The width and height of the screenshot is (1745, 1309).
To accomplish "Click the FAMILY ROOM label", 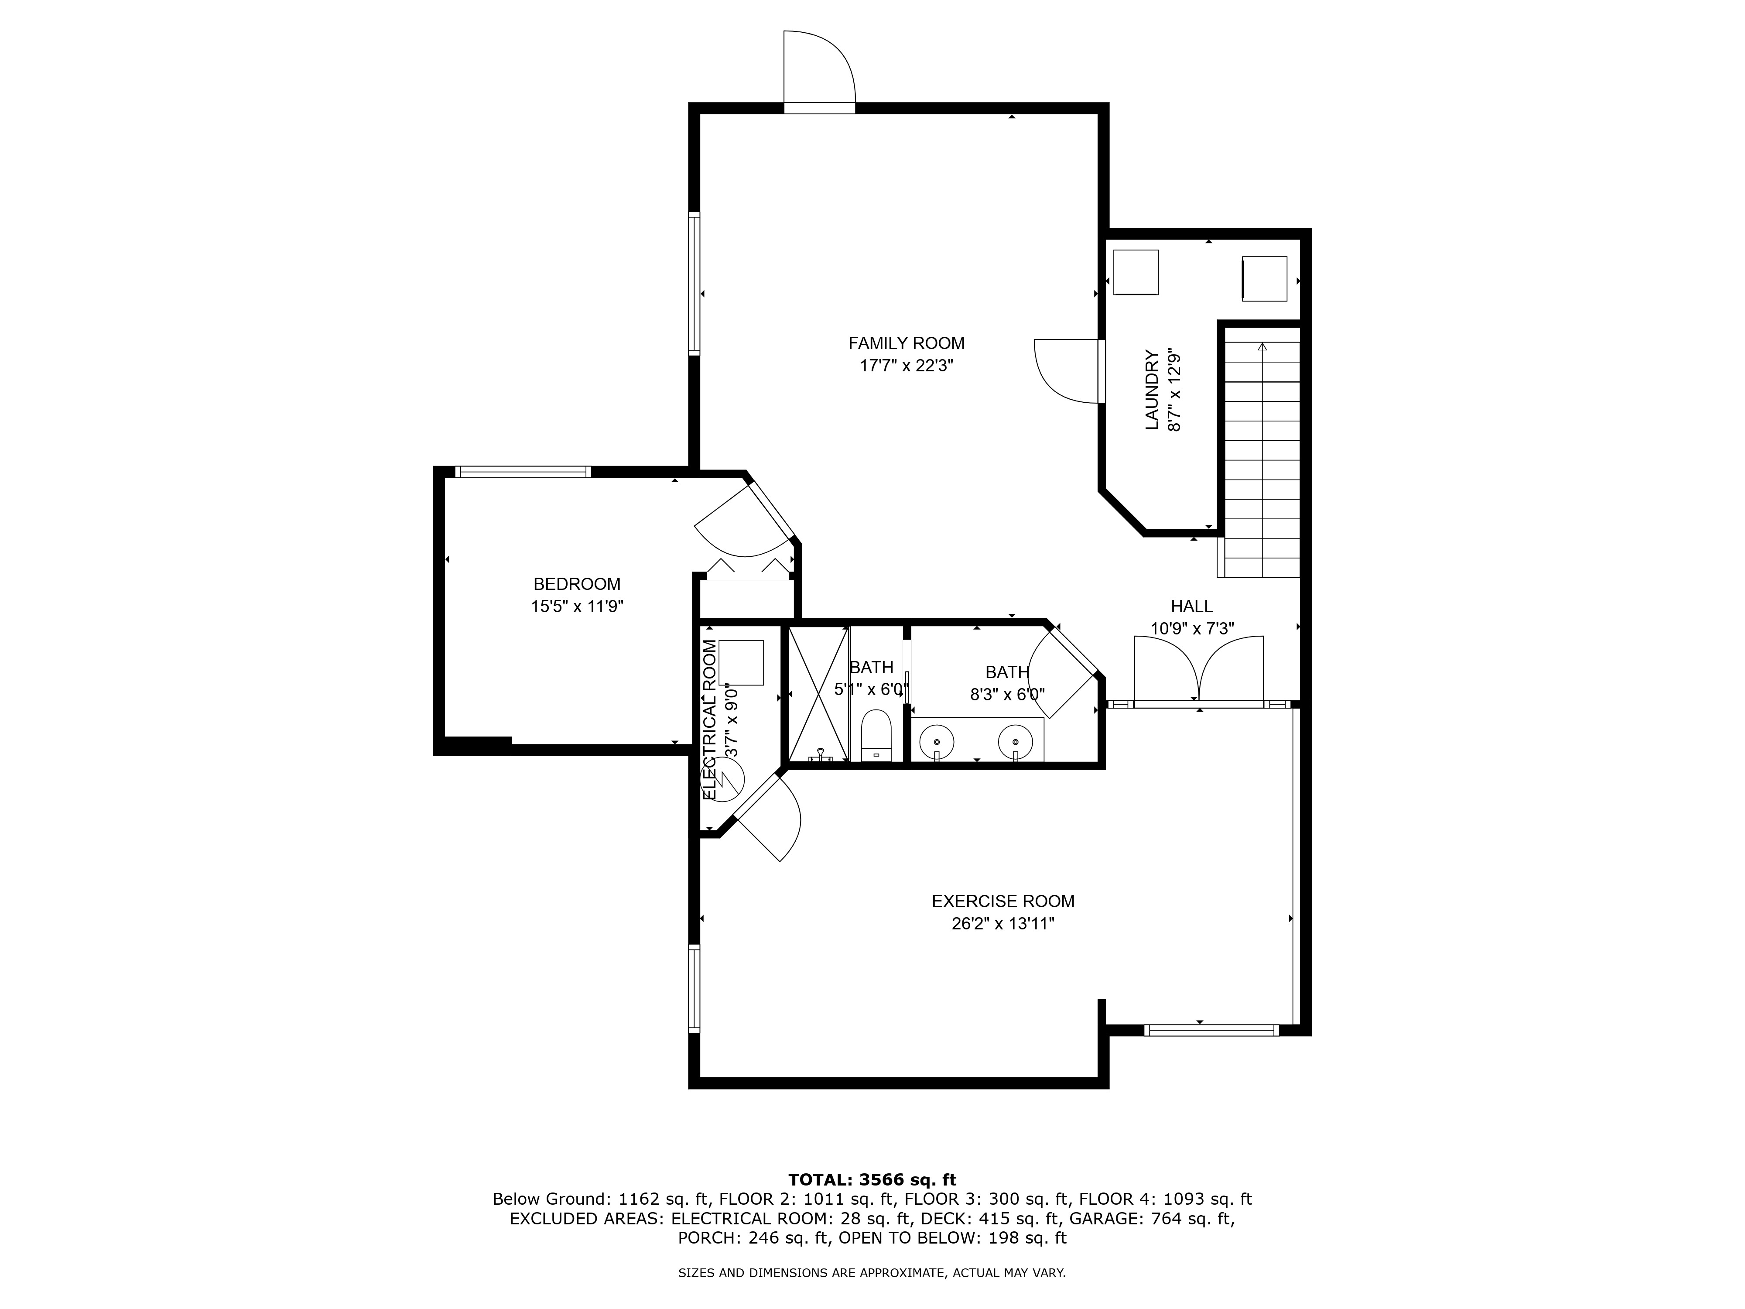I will click(x=907, y=343).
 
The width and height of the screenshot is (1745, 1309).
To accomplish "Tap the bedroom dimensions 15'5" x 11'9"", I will click(x=577, y=607).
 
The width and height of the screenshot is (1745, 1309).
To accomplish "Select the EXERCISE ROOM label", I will click(x=1003, y=901).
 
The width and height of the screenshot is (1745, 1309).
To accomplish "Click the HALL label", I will click(x=1191, y=606).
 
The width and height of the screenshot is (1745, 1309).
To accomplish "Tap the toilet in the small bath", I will click(x=876, y=734).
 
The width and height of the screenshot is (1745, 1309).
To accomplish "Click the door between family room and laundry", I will click(x=1069, y=371).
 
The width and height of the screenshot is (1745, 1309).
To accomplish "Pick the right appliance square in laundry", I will click(x=1265, y=278).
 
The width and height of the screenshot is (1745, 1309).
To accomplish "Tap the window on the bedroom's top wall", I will click(x=522, y=472).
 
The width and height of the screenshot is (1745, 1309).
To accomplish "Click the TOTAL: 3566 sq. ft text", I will click(x=872, y=1179).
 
